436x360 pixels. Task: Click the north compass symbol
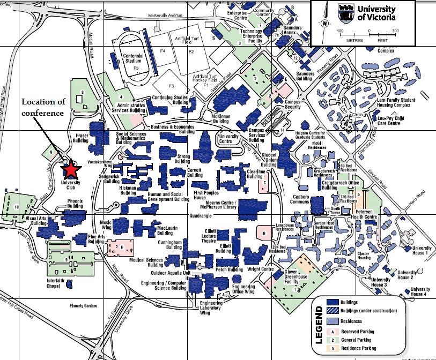(324, 23)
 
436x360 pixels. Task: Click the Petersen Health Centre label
(367, 214)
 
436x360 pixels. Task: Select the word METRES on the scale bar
(354, 39)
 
